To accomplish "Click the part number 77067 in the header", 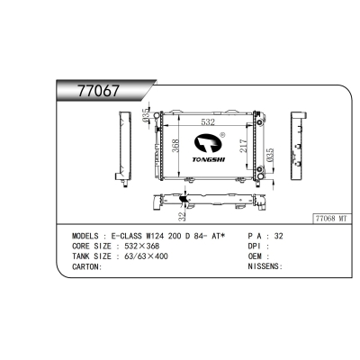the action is coord(98,91).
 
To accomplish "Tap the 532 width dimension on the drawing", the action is coord(208,122).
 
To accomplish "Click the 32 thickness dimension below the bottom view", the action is coord(182,217).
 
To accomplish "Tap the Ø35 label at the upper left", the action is coord(146,116).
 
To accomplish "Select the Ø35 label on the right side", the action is coord(270,155).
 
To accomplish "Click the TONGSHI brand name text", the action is coord(209,159).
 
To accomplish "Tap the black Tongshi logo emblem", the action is coord(208,144).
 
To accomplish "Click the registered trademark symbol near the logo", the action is coord(222,135).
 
